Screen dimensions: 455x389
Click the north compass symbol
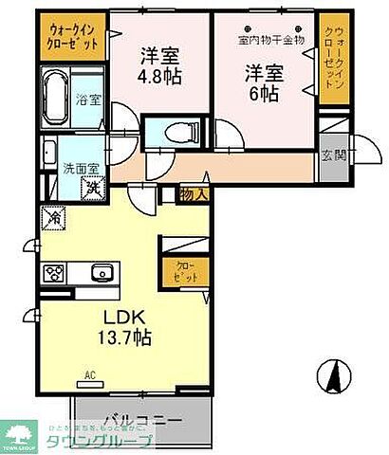point(333,377)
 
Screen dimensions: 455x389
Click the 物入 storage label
point(191,193)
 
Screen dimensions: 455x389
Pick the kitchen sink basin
point(102,273)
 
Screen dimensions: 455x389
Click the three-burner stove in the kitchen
point(52,273)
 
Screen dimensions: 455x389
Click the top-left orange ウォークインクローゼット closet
point(72,35)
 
